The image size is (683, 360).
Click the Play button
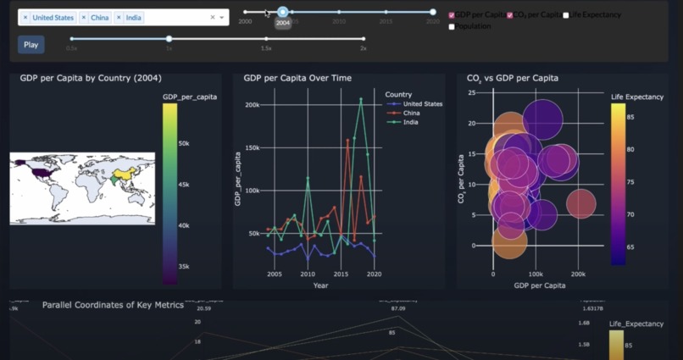click(31, 45)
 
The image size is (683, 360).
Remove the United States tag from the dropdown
click(25, 18)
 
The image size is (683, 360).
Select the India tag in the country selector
click(133, 18)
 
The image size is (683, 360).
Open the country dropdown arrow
click(222, 18)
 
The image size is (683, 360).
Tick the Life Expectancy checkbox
click(566, 15)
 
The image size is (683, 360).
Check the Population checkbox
click(452, 26)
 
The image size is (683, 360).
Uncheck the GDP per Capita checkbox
click(452, 15)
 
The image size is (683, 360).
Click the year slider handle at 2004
click(283, 12)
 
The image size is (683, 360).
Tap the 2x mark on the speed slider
click(364, 39)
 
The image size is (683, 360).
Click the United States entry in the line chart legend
click(422, 103)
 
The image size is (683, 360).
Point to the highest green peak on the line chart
click(361, 99)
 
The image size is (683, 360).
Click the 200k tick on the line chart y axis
click(251, 106)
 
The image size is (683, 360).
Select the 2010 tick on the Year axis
click(307, 274)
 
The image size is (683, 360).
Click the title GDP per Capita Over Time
click(297, 78)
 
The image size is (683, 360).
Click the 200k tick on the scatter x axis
click(579, 274)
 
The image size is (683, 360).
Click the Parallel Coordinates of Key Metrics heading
click(113, 304)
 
